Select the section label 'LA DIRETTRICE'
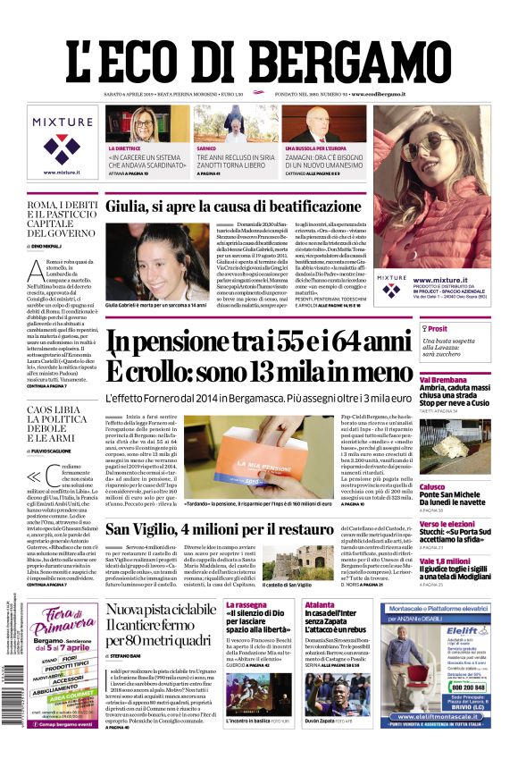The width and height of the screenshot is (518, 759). (125, 148)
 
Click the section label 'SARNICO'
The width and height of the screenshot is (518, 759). (207, 148)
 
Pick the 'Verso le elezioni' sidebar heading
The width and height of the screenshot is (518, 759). (447, 524)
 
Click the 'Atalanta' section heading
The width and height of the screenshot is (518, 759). (320, 605)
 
